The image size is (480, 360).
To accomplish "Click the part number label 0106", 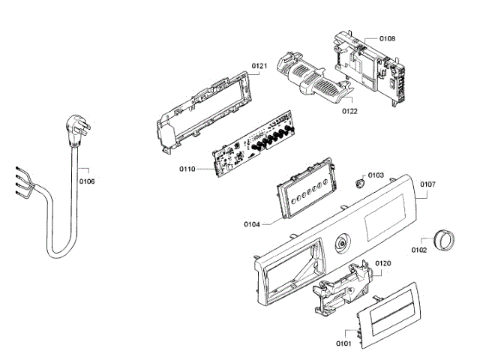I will coord(87,181).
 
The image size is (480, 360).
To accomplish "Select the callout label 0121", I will coord(259,67).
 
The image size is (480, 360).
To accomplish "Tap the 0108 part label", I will coord(387,37).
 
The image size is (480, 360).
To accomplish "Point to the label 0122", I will coord(350,111).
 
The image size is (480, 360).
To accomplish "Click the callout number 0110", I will coord(187,169).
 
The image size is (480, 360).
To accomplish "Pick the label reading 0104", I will coord(252,224).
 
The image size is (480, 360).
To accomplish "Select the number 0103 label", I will coord(376,175).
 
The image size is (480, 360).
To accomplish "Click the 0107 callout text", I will coord(427,184).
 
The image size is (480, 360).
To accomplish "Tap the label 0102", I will coord(419,250).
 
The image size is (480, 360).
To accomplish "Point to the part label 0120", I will coord(383,263).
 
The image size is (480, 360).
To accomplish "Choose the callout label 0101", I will coord(343,344).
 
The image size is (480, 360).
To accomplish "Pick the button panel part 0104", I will coord(302,190).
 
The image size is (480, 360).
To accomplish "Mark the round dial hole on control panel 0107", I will coord(343,243).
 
